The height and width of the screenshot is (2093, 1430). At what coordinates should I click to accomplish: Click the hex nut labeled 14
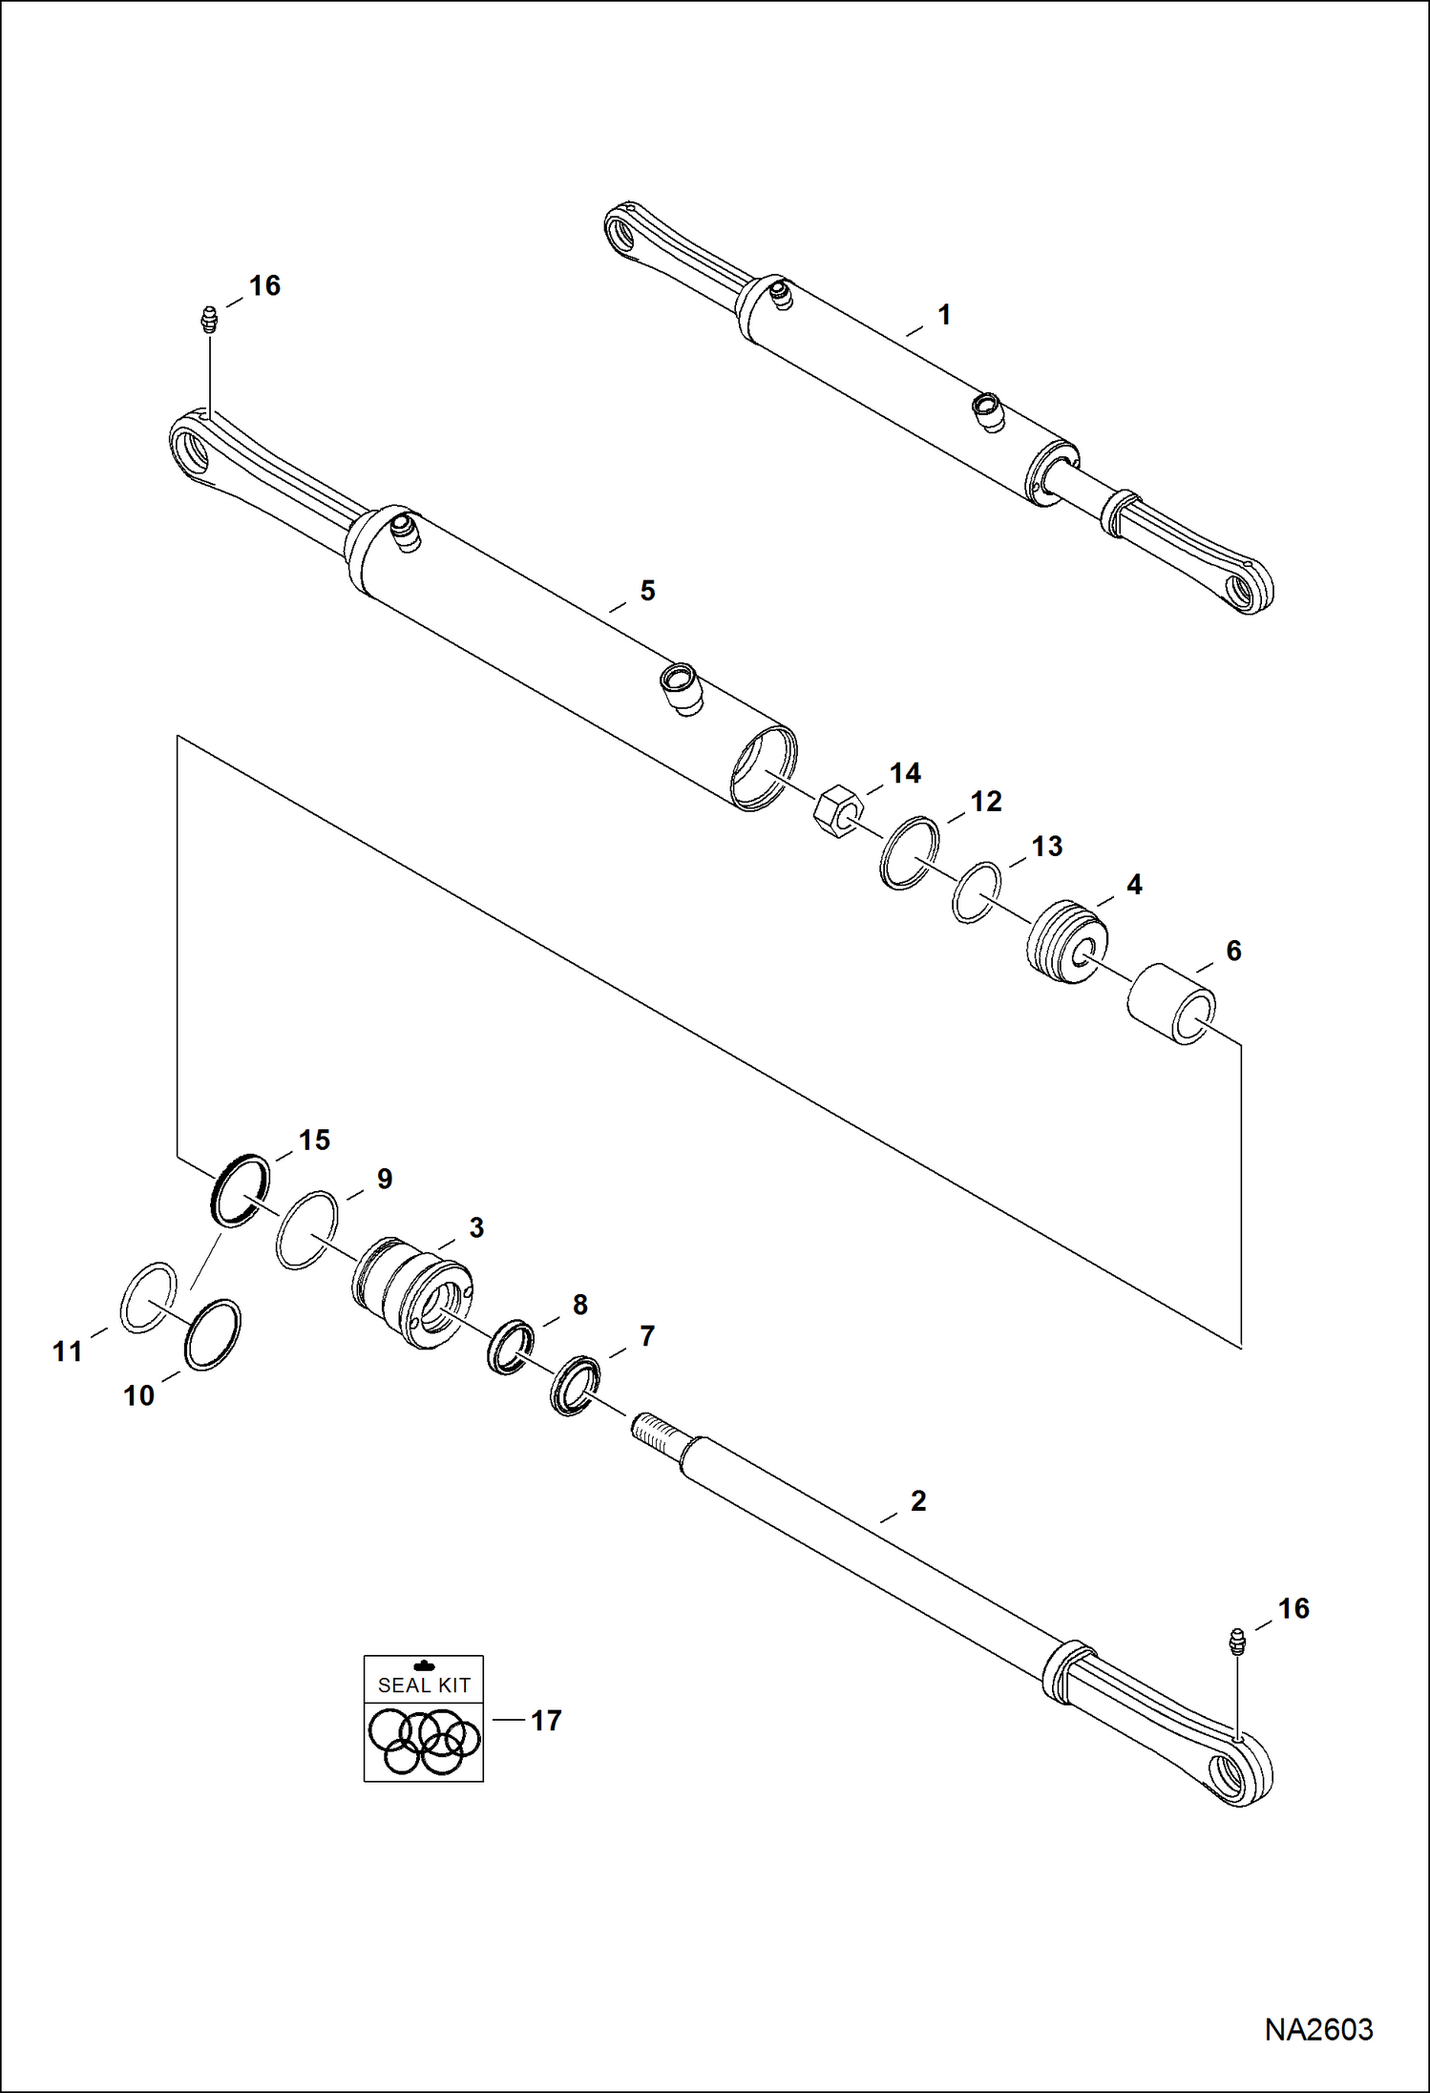[x=837, y=810]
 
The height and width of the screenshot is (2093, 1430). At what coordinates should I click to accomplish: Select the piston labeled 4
[x=1067, y=941]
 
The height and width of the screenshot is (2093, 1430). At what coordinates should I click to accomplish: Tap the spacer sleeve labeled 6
[x=1171, y=1003]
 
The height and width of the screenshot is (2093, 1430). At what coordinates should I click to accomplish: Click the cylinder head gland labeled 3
[x=411, y=1291]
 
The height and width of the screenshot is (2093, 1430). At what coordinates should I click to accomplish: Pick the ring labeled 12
[x=909, y=852]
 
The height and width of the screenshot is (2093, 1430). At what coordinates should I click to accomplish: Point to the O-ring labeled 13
[x=977, y=892]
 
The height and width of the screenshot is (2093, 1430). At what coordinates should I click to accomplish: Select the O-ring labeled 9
[x=306, y=1230]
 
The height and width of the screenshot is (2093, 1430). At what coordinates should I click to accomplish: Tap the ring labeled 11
[x=148, y=1297]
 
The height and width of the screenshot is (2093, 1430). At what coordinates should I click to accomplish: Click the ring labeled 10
[x=212, y=1334]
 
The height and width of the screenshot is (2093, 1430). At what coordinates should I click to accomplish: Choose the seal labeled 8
[x=510, y=1346]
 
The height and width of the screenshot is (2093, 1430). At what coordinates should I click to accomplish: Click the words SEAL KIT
[x=424, y=1685]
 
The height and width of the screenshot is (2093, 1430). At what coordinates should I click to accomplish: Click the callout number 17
[x=546, y=1721]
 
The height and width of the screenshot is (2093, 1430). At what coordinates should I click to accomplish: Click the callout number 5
[x=647, y=591]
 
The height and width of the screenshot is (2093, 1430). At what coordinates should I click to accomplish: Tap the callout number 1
[x=944, y=315]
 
